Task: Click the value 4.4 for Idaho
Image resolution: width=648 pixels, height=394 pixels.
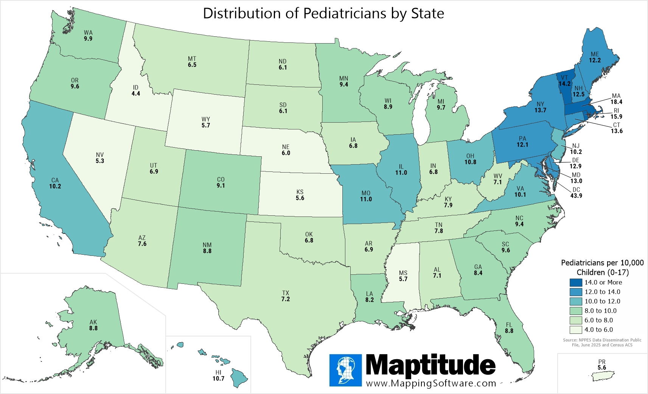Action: (x=136, y=93)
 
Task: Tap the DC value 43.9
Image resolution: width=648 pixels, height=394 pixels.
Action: (x=576, y=196)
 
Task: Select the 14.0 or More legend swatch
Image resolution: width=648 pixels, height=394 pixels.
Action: (x=576, y=282)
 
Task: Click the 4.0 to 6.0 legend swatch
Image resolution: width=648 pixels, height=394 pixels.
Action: (x=576, y=330)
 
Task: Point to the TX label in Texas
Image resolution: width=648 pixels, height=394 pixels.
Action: (x=285, y=293)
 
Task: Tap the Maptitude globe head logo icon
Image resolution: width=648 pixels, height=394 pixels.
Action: (x=345, y=370)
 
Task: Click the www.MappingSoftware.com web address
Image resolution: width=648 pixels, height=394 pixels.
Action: (x=431, y=383)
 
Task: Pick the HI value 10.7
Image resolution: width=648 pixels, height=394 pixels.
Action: (x=218, y=378)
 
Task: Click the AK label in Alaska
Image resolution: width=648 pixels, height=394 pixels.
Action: (x=93, y=322)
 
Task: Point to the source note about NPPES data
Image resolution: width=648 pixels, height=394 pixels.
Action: (x=602, y=343)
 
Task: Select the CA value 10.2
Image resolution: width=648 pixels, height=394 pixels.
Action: (x=55, y=186)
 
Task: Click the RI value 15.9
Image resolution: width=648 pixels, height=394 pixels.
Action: (x=616, y=117)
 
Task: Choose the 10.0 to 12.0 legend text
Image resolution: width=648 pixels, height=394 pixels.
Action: (x=602, y=301)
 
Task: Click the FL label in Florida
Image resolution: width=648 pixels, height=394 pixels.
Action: (x=509, y=325)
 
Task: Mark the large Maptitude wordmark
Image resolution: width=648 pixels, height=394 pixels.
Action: (x=430, y=365)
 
